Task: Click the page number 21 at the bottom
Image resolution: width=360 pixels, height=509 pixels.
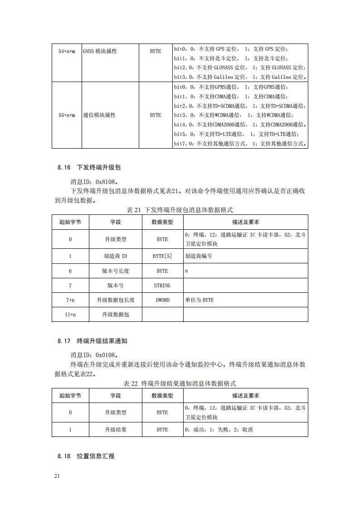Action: [x=57, y=476]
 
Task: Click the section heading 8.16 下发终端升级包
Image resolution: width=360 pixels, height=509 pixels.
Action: [x=89, y=167]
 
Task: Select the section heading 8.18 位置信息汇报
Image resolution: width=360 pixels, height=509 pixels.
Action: [x=86, y=456]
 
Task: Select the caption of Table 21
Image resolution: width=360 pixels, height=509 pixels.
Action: [x=180, y=210]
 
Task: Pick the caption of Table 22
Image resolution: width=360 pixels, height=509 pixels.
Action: [x=180, y=383]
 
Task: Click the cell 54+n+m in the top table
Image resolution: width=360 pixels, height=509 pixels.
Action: [x=67, y=51]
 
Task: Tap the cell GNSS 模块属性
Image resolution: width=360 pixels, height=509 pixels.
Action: [x=100, y=51]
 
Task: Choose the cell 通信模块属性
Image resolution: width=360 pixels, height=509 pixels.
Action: [x=99, y=115]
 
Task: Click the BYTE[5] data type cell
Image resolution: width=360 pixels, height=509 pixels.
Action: [x=162, y=256]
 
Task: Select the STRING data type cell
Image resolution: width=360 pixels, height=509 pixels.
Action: [x=162, y=286]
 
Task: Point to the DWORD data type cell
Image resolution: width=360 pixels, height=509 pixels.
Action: [x=162, y=300]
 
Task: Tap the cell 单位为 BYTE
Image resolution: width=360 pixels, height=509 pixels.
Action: [x=199, y=300]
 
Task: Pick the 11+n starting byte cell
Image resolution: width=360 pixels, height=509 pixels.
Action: [x=70, y=314]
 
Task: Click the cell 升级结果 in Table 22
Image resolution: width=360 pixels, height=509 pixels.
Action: [x=115, y=429]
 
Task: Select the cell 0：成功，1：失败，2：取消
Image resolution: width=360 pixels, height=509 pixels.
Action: [x=219, y=429]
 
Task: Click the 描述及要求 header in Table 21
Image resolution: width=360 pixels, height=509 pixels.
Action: [x=245, y=223]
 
